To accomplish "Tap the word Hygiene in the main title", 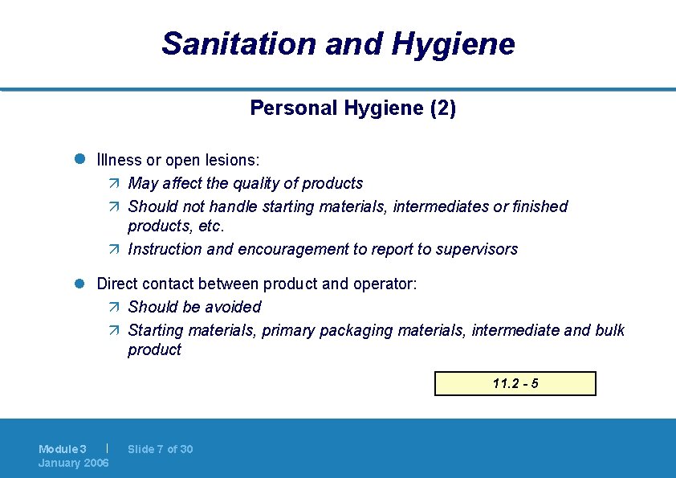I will click(x=454, y=43).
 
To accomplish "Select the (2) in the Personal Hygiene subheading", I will click(x=443, y=108).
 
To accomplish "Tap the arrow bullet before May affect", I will click(x=113, y=184).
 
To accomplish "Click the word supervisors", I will click(x=477, y=249).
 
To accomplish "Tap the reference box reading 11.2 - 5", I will click(x=515, y=384).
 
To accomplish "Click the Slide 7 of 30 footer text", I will click(x=161, y=449).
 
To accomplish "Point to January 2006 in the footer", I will click(x=74, y=463).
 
